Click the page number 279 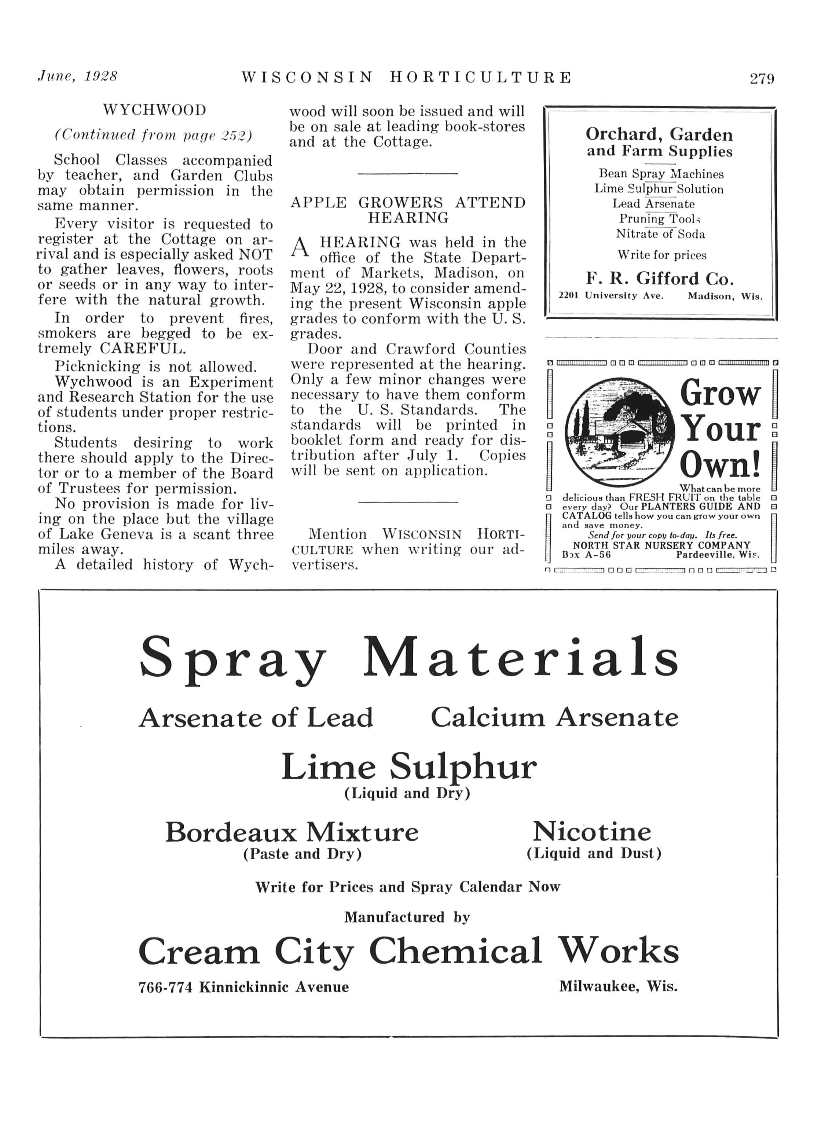coord(761,79)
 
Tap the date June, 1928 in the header coord(77,77)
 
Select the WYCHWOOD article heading coord(154,110)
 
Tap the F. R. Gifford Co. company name coord(660,278)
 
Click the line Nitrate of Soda coord(660,234)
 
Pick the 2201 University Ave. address coord(610,296)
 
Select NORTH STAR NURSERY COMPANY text coord(661,545)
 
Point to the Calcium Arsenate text coord(555,718)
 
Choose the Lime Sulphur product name coord(409,767)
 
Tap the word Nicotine coord(592,832)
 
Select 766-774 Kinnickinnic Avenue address coord(243,987)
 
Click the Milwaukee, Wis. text coord(618,986)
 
